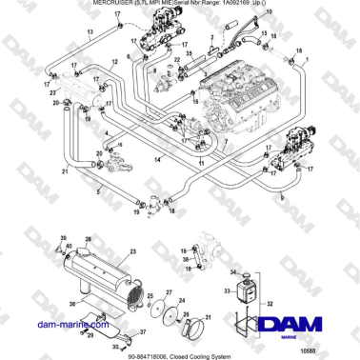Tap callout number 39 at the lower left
pyautogui.click(x=64, y=237)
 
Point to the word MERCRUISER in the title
pyautogui.click(x=117, y=4)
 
